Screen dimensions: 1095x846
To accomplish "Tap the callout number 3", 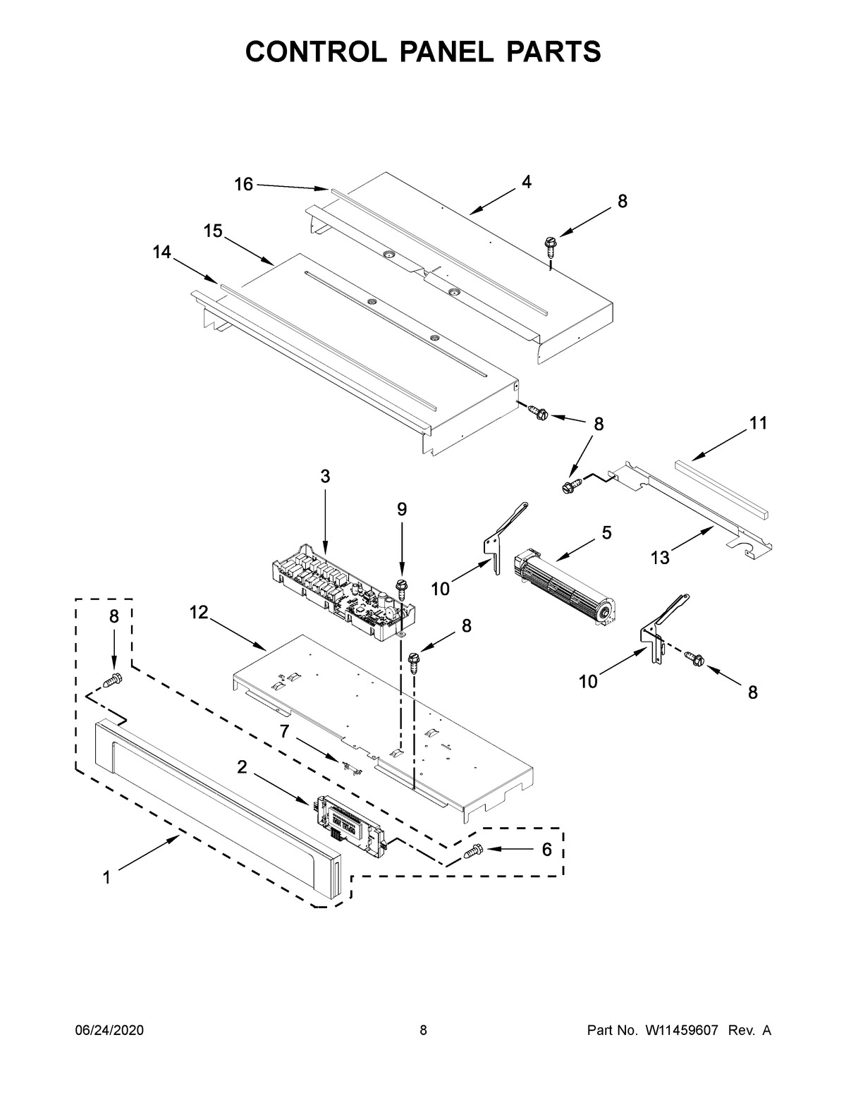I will click(325, 477).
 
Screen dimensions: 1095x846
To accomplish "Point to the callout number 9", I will click(401, 509).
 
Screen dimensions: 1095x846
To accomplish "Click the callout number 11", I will click(758, 423).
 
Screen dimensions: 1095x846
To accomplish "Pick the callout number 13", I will click(660, 558).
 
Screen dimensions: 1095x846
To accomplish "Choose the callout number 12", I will click(199, 613).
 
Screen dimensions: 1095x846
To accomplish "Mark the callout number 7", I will click(284, 731).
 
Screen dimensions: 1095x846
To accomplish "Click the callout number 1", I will click(106, 877).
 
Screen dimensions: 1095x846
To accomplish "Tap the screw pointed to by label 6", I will click(472, 852).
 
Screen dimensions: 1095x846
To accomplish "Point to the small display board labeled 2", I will click(350, 825).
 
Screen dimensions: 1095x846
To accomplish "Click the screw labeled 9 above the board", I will click(403, 585).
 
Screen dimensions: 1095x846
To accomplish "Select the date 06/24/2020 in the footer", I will click(109, 1031).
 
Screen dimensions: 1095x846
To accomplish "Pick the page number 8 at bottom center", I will click(423, 1031).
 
